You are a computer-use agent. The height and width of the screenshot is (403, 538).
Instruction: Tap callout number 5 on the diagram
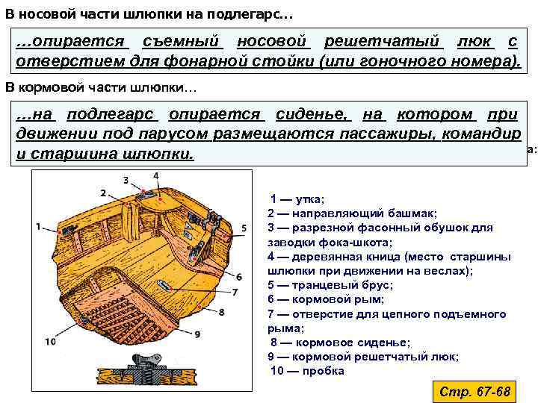pyautogui.click(x=245, y=227)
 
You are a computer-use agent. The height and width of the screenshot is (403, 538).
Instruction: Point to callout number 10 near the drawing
pyautogui.click(x=50, y=341)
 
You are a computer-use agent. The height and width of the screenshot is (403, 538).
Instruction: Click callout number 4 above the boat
pyautogui.click(x=155, y=175)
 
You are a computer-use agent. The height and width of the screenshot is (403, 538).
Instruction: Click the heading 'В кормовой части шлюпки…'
pyautogui.click(x=102, y=88)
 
